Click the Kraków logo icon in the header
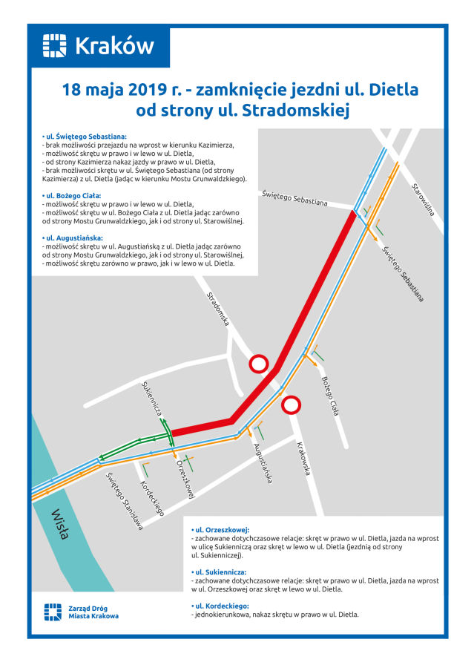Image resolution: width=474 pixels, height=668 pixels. [x=55, y=46]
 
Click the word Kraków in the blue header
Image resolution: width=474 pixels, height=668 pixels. [x=114, y=46]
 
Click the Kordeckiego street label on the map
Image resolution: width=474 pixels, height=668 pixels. [x=151, y=497]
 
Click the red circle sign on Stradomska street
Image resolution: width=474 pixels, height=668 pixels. [x=258, y=363]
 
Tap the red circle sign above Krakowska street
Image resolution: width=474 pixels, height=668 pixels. [x=292, y=405]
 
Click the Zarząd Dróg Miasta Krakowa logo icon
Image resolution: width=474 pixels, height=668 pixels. [x=53, y=612]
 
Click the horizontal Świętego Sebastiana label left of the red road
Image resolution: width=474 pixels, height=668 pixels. [x=294, y=197]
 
